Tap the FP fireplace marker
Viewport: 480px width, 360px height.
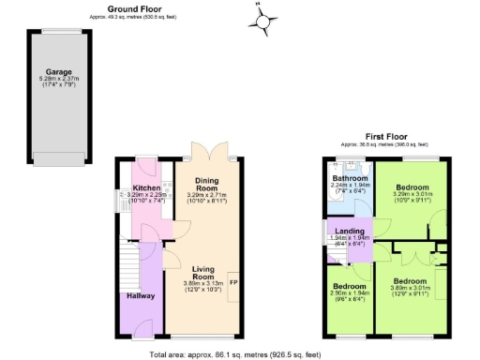click(234, 281)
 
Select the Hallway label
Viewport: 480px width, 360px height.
click(142, 296)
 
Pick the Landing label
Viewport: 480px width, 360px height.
click(352, 231)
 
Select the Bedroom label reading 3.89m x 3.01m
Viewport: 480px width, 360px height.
click(410, 281)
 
